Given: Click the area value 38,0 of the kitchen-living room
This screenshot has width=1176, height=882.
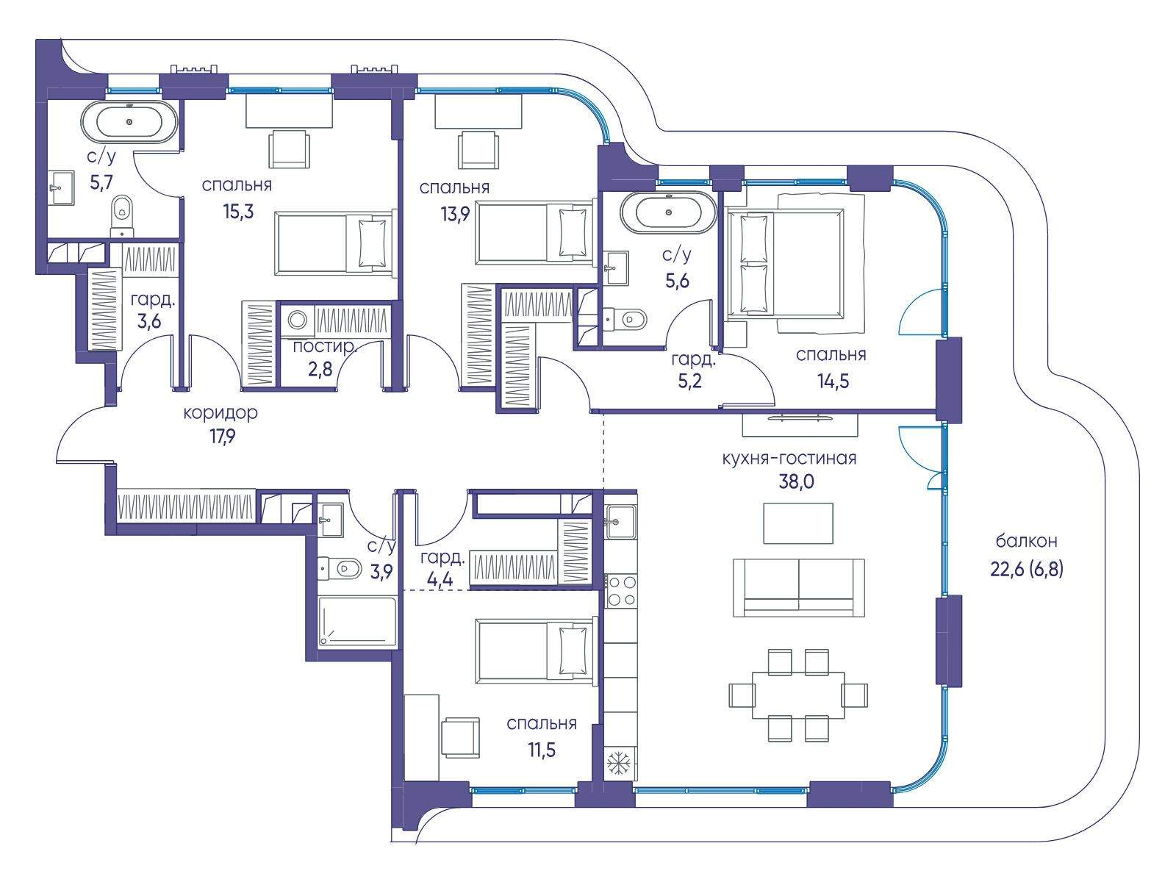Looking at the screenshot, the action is (x=795, y=482).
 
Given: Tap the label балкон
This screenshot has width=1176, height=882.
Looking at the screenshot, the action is (x=1027, y=542).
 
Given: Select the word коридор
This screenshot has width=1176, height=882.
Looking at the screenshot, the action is (x=220, y=413).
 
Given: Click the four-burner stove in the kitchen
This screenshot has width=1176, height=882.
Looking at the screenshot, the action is (x=621, y=591).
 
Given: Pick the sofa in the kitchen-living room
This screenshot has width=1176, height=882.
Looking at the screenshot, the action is (x=797, y=587).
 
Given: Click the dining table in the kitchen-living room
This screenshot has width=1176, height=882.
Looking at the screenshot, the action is (x=797, y=695).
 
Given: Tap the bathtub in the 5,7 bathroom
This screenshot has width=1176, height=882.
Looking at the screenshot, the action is (x=129, y=122).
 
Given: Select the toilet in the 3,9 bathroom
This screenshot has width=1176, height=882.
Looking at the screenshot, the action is (x=339, y=567).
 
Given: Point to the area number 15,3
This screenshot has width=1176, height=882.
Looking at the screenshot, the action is (x=238, y=212).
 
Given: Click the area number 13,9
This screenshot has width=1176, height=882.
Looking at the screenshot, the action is (x=456, y=215).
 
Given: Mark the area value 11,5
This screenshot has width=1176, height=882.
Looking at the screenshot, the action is (x=541, y=750).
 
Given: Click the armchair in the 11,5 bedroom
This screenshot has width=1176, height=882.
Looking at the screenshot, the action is (x=461, y=737).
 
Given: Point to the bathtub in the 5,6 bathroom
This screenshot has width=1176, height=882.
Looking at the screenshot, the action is (x=668, y=212).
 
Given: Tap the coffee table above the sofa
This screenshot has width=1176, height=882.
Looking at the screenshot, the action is (x=797, y=523).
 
